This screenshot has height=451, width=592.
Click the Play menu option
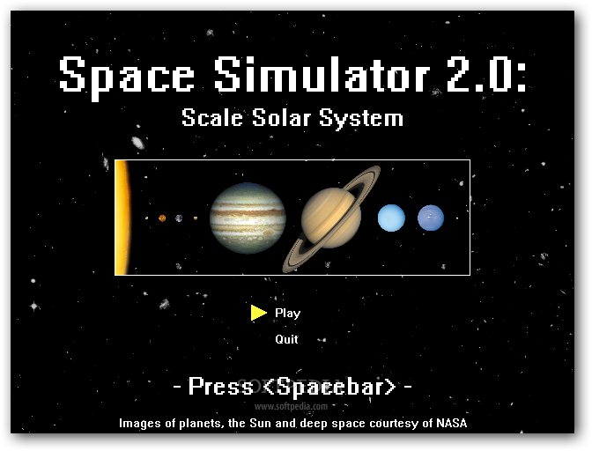click(x=288, y=314)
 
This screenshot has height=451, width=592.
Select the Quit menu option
click(x=286, y=339)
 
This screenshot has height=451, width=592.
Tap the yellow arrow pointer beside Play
click(x=259, y=313)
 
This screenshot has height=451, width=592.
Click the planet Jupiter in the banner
click(x=248, y=218)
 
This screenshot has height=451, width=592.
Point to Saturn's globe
click(x=331, y=218)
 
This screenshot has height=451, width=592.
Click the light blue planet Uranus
click(x=391, y=218)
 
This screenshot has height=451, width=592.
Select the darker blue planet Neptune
click(x=431, y=218)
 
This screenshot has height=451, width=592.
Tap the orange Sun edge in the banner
click(x=122, y=218)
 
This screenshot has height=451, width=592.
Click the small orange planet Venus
click(x=162, y=218)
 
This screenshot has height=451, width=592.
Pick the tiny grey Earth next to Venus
click(x=179, y=218)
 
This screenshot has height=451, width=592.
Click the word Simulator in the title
click(x=322, y=74)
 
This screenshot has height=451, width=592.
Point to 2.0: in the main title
click(x=486, y=74)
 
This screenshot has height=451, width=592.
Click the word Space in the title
click(x=127, y=78)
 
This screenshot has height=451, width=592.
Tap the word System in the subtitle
click(x=361, y=119)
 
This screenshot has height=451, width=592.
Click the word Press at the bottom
click(x=221, y=386)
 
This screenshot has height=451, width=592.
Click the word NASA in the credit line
click(x=452, y=423)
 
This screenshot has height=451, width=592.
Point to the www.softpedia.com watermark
click(x=291, y=406)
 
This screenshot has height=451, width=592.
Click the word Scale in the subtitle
click(x=212, y=117)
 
